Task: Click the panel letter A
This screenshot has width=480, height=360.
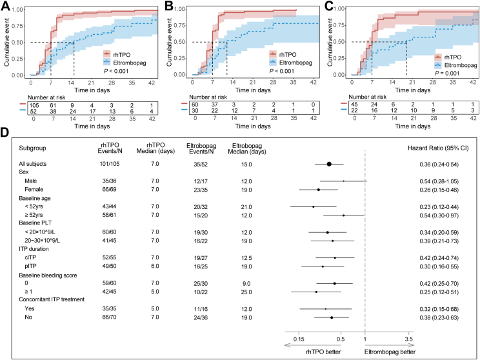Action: click(x=5, y=6)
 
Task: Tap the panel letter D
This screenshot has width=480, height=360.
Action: click(x=5, y=132)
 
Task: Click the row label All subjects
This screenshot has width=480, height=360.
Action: click(x=36, y=165)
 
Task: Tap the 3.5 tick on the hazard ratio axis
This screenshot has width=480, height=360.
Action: click(x=408, y=337)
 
